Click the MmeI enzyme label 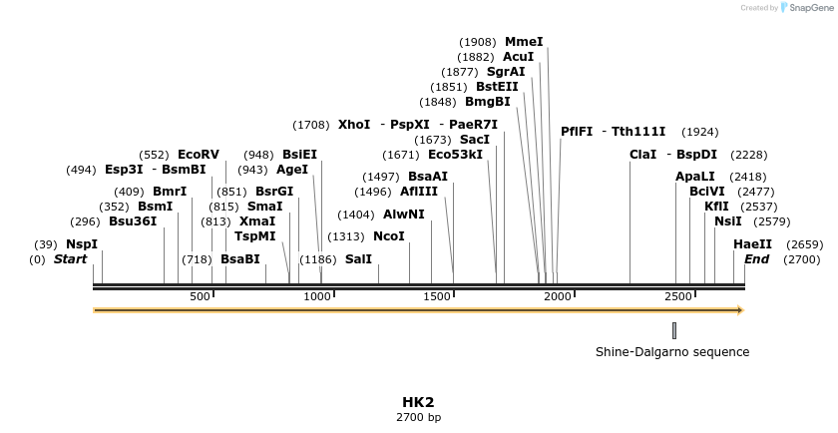(x=524, y=42)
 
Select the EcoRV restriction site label (x=198, y=155)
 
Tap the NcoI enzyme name (x=389, y=236)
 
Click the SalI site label (x=358, y=259)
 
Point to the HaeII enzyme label (x=752, y=244)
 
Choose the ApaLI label (x=695, y=177)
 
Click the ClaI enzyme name (x=643, y=155)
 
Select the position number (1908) (x=477, y=42)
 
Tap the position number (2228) (x=749, y=155)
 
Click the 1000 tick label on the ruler (x=318, y=296)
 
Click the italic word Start (x=70, y=259)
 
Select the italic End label (x=756, y=259)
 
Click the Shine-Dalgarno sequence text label (x=671, y=352)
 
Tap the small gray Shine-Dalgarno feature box (x=674, y=330)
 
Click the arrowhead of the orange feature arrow (x=740, y=310)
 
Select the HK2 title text (x=418, y=402)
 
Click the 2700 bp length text (x=418, y=417)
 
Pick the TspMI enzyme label (x=254, y=236)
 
